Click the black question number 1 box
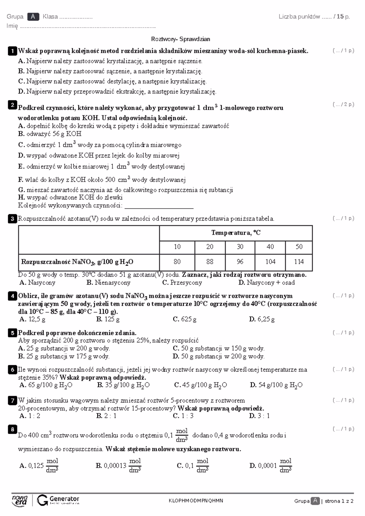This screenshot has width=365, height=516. click(x=12, y=51)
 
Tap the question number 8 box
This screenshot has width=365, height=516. click(x=12, y=429)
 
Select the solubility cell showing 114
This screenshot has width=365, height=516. click(x=299, y=262)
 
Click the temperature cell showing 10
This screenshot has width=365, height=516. click(x=177, y=247)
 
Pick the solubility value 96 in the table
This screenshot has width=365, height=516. click(x=240, y=262)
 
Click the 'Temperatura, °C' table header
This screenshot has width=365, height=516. click(x=236, y=233)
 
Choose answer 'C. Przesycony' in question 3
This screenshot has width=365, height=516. click(x=182, y=283)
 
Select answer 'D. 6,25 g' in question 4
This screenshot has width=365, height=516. click(x=262, y=319)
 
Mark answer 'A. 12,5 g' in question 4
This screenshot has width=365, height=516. click(x=32, y=319)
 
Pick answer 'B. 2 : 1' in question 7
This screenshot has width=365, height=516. click(x=106, y=416)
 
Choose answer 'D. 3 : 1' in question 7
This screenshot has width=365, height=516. click(x=259, y=416)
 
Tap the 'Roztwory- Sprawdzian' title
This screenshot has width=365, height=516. click(x=181, y=39)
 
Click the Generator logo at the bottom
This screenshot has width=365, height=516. click(x=58, y=500)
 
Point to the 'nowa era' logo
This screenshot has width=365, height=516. click(x=20, y=500)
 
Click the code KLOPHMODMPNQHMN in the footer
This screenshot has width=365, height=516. click(x=196, y=501)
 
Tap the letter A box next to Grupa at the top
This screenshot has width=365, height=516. click(x=33, y=17)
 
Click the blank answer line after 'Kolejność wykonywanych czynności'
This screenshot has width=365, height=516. click(x=159, y=207)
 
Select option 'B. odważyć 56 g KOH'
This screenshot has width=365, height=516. click(x=50, y=134)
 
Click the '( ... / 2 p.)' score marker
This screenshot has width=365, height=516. click(x=343, y=105)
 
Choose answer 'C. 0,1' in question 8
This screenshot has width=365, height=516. click(x=193, y=466)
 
